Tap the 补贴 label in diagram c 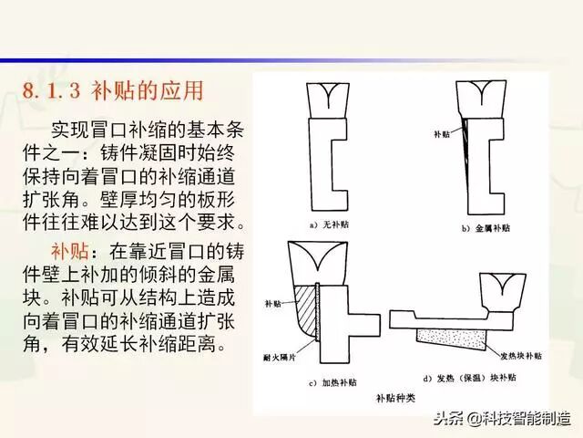tap(273, 303)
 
